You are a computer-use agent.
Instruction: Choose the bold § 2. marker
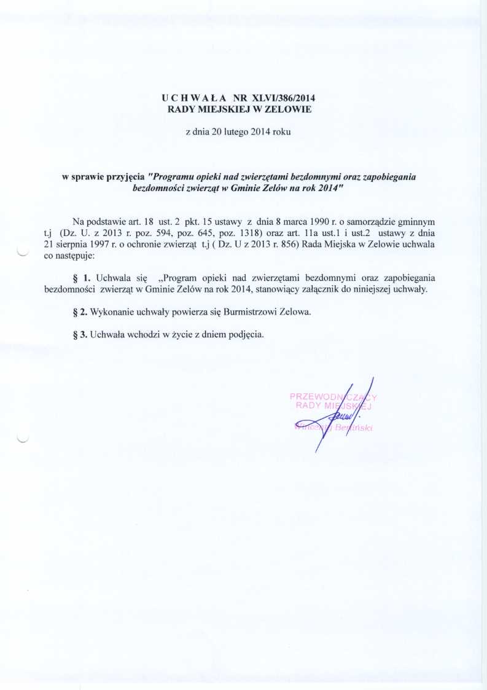80,312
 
